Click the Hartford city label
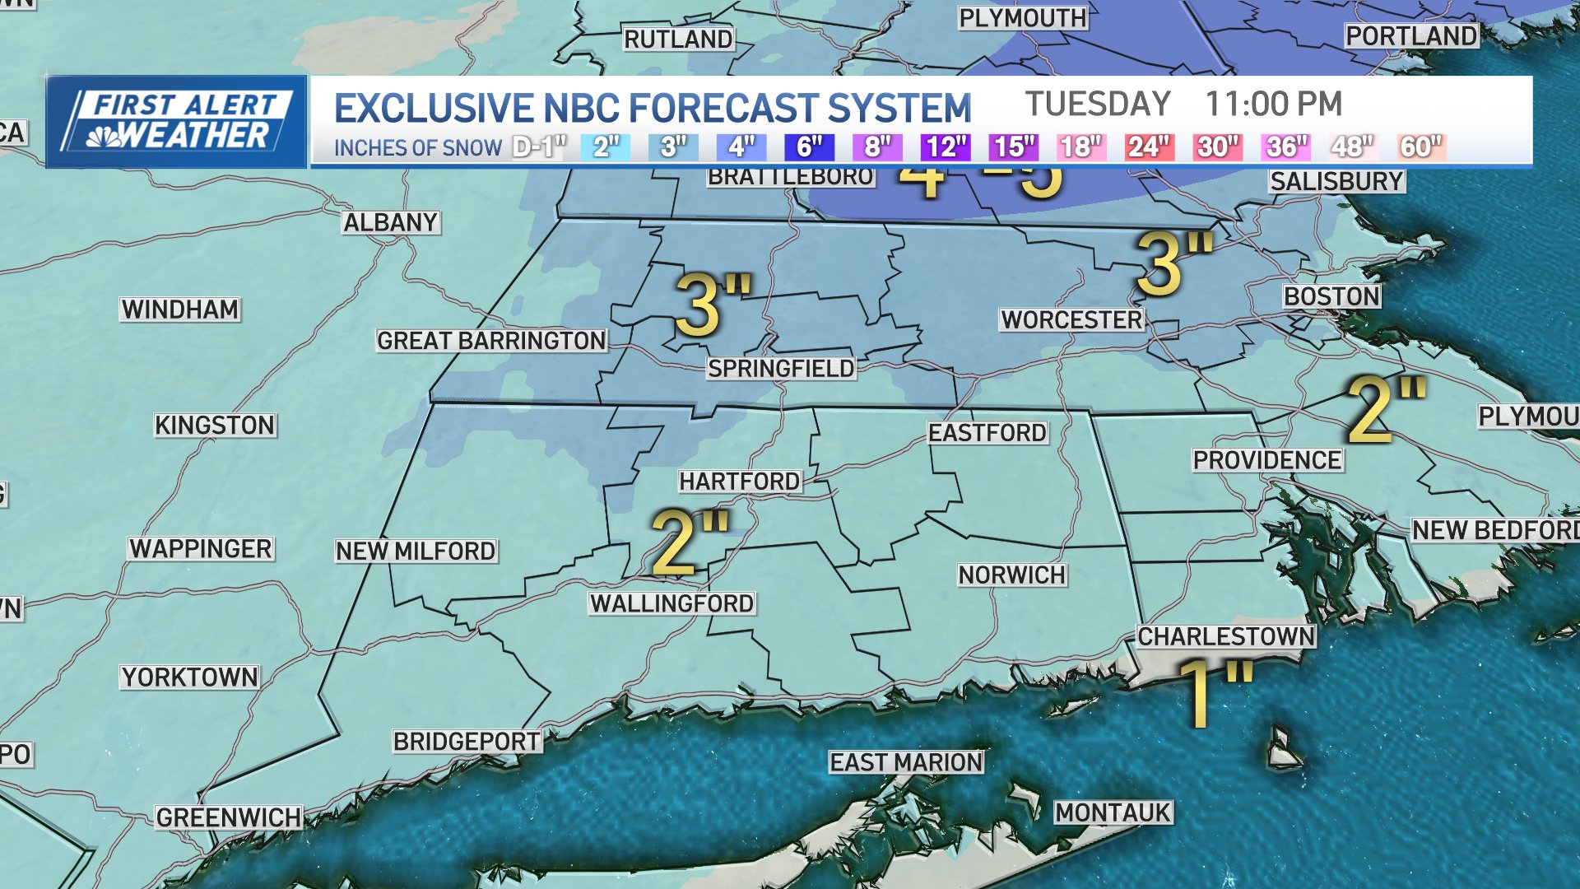739,482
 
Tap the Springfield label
781,369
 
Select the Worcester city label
1071,320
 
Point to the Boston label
1331,297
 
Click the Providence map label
1267,460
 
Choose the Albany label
391,223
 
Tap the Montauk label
1113,813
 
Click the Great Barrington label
491,341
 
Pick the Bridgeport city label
467,742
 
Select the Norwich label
1011,575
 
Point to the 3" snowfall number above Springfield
712,305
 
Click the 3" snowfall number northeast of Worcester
1173,263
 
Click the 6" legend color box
809,147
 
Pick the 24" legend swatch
1149,147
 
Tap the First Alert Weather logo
176,121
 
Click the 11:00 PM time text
1273,105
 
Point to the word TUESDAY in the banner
1098,105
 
